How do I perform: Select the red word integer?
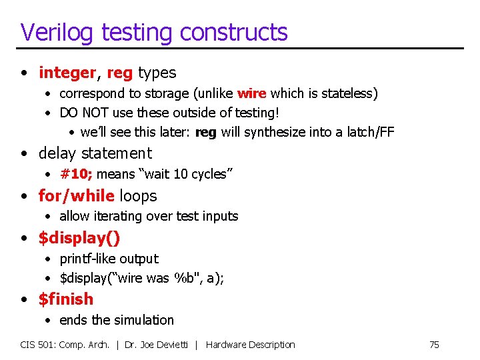point(67,73)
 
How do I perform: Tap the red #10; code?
point(76,175)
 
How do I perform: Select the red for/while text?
point(76,196)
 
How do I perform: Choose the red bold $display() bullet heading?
point(79,238)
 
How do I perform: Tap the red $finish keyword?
point(66,299)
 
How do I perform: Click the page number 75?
point(433,345)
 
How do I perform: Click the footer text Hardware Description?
point(250,345)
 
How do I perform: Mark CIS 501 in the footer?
point(39,345)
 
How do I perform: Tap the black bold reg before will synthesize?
point(206,133)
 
